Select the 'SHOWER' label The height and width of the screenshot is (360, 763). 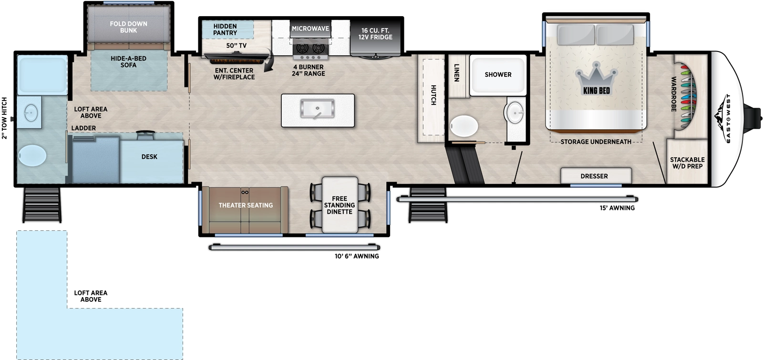coord(498,74)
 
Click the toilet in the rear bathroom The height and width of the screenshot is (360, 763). coord(32,155)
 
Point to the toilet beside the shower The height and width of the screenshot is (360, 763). coord(464,126)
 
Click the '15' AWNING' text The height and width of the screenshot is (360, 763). coord(617,208)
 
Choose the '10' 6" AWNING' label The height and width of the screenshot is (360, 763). coord(357,256)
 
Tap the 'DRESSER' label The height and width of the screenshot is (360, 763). coord(594,176)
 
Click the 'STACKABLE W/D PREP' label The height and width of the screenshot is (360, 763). coord(687,163)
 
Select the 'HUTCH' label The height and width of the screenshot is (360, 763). coord(433,95)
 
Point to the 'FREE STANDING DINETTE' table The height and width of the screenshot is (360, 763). coord(340,205)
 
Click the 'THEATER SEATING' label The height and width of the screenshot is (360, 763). coord(246,205)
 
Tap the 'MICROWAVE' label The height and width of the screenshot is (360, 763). coord(310,29)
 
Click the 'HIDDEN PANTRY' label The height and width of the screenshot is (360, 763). coord(225,30)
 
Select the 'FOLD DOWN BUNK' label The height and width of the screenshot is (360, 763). coord(128,27)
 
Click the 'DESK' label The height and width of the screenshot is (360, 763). coord(149,156)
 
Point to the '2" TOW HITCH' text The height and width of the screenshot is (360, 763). coord(5,118)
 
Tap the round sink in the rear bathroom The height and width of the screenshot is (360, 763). coord(31,113)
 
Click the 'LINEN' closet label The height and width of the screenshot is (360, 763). coord(457,72)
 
